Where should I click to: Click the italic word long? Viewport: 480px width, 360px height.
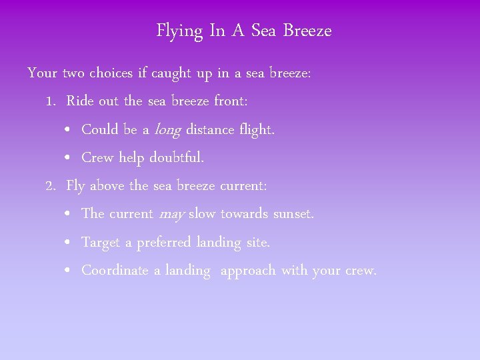click(x=167, y=130)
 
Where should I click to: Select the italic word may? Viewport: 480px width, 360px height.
click(x=172, y=215)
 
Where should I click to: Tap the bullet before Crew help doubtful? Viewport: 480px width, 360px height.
click(x=69, y=159)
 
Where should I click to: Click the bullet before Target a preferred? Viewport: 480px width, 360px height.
click(x=69, y=243)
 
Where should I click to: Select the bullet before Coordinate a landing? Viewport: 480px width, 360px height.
click(x=69, y=271)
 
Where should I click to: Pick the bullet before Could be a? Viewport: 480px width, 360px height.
click(x=69, y=130)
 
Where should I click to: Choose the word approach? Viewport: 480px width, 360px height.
click(x=248, y=271)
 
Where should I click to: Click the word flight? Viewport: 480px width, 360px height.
click(x=256, y=130)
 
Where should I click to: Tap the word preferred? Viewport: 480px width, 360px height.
click(x=164, y=243)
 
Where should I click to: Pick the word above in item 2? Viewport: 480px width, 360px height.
click(x=108, y=186)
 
